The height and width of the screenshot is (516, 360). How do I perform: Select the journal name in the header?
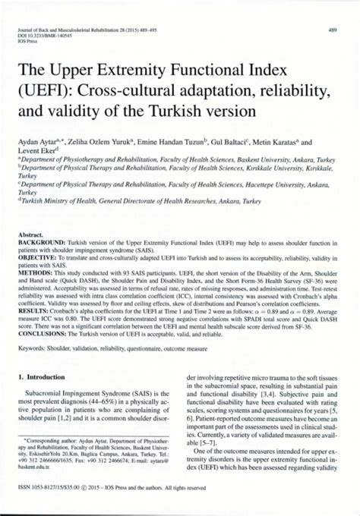(x=91, y=30)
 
